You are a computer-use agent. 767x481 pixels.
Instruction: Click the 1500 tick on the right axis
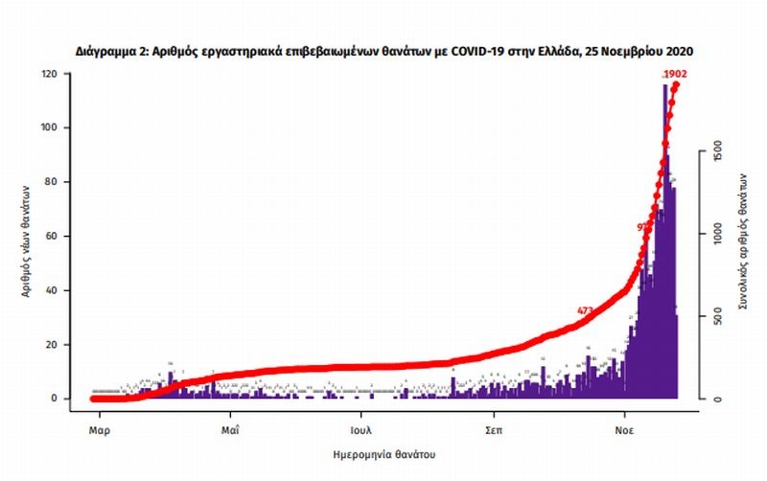(x=710, y=153)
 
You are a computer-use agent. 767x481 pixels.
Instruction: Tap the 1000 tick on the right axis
(x=710, y=235)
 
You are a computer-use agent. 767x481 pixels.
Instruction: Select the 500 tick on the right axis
(x=710, y=318)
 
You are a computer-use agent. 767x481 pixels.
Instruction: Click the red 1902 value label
(x=675, y=74)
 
